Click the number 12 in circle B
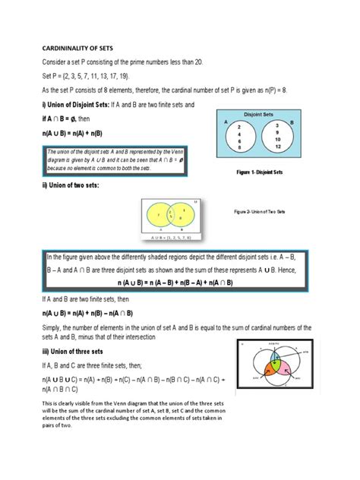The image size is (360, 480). tap(278, 147)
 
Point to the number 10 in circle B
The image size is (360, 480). tap(278, 139)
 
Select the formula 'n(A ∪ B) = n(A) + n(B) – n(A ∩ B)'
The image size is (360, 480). tap(88, 311)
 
